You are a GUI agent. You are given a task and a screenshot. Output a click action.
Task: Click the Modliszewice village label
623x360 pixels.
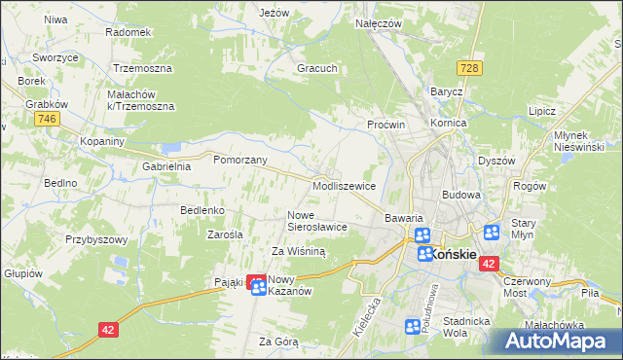click(344, 185)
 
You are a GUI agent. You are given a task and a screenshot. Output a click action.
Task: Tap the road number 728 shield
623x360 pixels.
click(470, 67)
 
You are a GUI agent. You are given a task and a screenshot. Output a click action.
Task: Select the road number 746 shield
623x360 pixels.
click(45, 118)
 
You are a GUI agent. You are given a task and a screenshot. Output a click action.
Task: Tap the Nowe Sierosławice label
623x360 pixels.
click(317, 220)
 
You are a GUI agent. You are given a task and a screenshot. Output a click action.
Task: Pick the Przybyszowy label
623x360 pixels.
click(97, 238)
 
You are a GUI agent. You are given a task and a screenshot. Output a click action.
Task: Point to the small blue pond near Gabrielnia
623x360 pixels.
click(172, 148)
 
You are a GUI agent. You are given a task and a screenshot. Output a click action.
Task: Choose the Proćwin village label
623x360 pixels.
click(385, 126)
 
